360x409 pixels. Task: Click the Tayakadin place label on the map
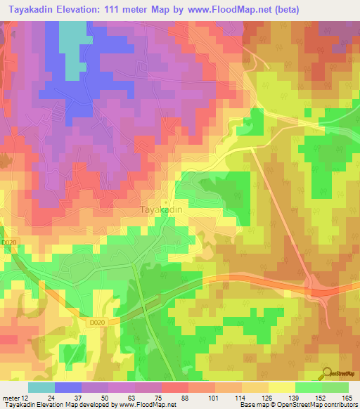[x=162, y=209]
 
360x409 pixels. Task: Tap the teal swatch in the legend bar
[x=41, y=387]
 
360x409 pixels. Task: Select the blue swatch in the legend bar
[x=68, y=387]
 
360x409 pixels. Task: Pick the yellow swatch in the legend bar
[x=282, y=387]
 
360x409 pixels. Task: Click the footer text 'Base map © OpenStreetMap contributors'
[x=297, y=405]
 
